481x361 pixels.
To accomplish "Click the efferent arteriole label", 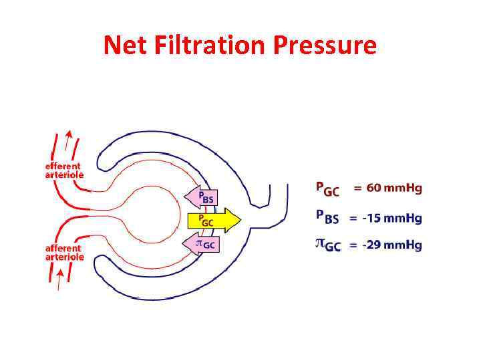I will (63, 170).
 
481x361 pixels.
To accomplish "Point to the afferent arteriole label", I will (64, 251).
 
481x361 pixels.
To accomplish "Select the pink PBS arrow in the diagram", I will (200, 197).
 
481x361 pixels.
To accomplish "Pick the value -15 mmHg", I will (397, 217).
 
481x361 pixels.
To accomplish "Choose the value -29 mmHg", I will (397, 245).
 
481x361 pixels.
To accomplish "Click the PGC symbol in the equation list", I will (327, 189).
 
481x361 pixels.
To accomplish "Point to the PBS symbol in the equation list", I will (327, 218).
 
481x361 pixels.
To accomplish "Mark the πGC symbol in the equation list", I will (327, 245).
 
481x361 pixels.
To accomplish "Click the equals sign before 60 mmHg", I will (358, 189).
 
